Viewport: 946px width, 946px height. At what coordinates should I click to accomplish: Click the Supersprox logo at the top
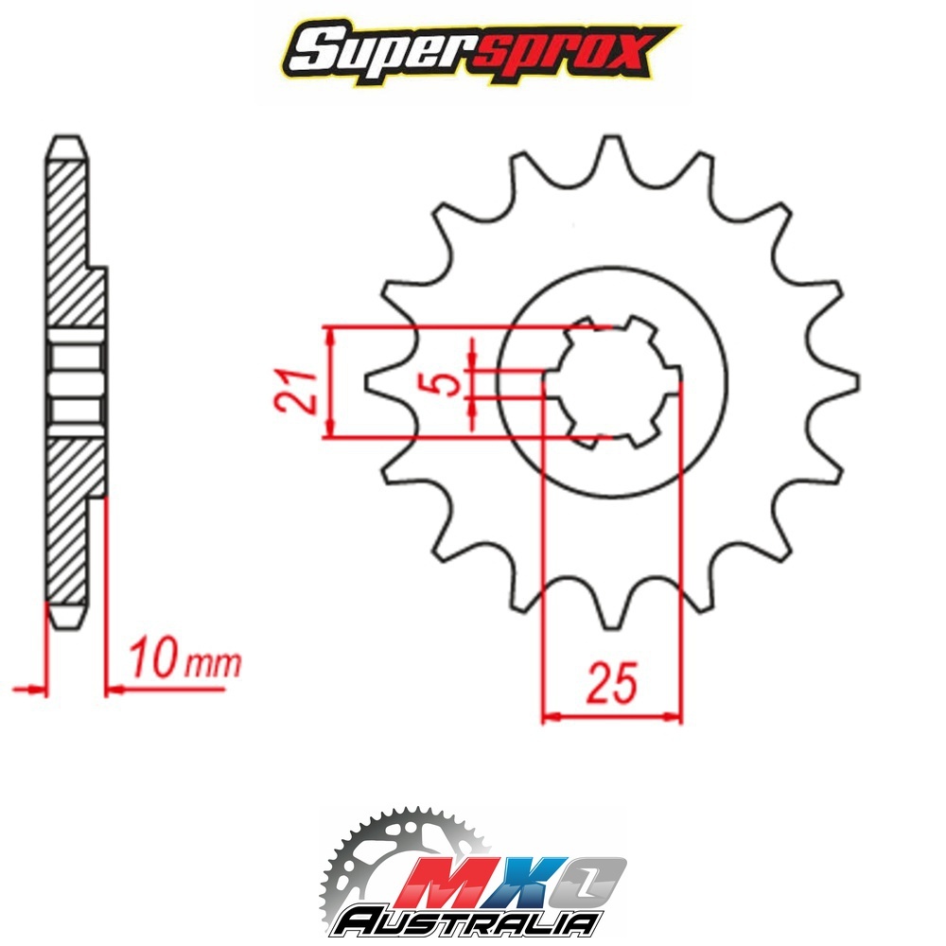(481, 52)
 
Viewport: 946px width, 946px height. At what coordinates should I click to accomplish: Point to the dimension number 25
(612, 683)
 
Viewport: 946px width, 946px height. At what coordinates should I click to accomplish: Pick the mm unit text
(212, 664)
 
